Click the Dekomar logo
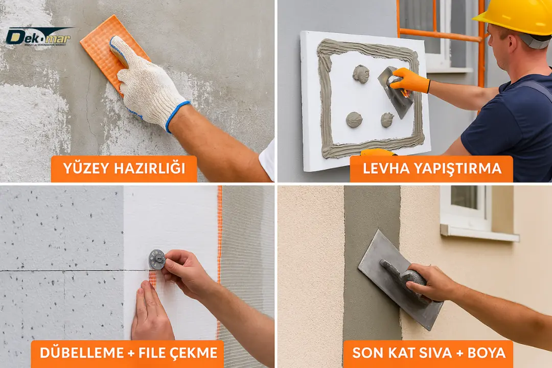coord(38,36)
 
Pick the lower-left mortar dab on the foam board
coord(354,120)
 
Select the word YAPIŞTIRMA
coord(457,169)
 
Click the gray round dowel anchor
coord(156,259)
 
